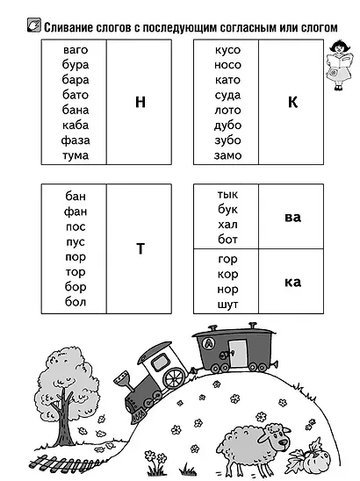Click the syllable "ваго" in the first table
click(76, 50)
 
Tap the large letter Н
click(140, 102)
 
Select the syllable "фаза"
click(76, 140)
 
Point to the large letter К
click(292, 102)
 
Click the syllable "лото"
click(227, 110)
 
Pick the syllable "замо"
click(227, 155)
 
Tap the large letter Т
click(140, 248)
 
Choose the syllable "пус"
click(76, 242)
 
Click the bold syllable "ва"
click(292, 217)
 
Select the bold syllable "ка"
click(292, 283)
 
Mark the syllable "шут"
click(227, 305)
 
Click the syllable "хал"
click(227, 225)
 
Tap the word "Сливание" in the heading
click(68, 27)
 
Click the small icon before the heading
click(33, 25)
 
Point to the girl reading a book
click(339, 65)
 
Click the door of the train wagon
click(238, 353)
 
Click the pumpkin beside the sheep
click(318, 460)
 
